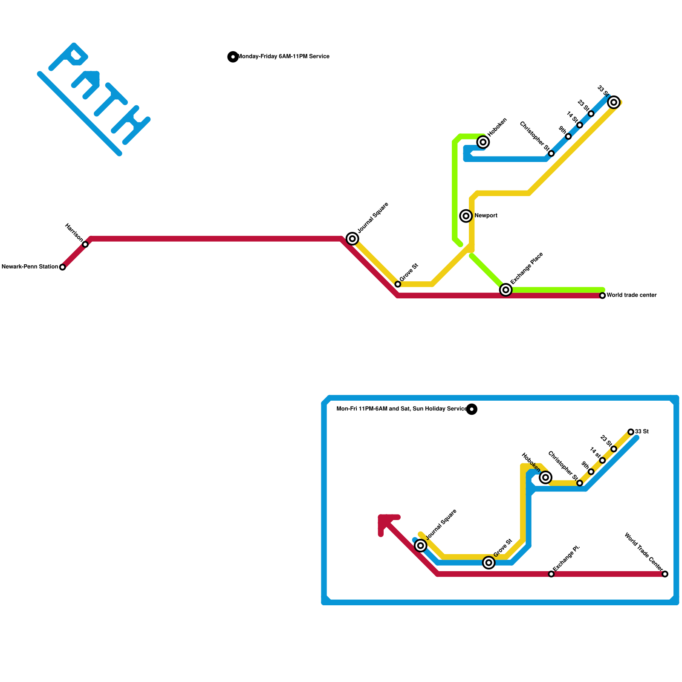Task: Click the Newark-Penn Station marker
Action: tap(63, 267)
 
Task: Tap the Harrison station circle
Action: tap(85, 245)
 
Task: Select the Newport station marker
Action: tap(466, 216)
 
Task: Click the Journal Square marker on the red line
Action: tap(352, 239)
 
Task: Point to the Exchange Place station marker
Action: tap(506, 290)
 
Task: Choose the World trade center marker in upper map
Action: tap(602, 295)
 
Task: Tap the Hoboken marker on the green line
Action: tap(483, 142)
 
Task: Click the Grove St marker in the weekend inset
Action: tap(489, 563)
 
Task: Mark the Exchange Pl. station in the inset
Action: tap(551, 574)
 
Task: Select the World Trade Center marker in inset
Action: tap(665, 574)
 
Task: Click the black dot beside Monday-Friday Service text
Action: tap(233, 57)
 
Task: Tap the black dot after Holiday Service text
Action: tap(471, 409)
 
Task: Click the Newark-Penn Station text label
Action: tap(30, 267)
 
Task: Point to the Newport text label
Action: tap(486, 216)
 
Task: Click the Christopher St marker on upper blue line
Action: tap(551, 153)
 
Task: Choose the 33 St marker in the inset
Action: tap(631, 432)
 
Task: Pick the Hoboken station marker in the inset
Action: tap(546, 477)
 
